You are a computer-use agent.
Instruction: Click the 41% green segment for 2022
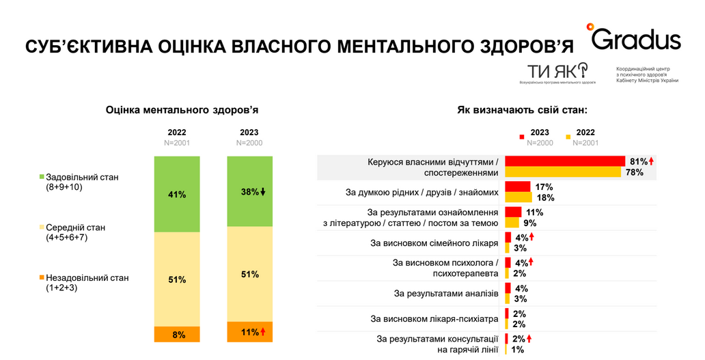pyautogui.click(x=177, y=194)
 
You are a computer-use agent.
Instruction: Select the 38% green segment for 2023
pyautogui.click(x=249, y=191)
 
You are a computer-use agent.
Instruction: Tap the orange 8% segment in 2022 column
pyautogui.click(x=177, y=335)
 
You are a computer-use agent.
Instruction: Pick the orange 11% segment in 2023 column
pyautogui.click(x=249, y=332)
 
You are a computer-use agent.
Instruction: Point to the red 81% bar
pyautogui.click(x=564, y=161)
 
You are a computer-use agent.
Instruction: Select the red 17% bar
pyautogui.click(x=517, y=186)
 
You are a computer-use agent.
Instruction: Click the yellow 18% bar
pyautogui.click(x=518, y=197)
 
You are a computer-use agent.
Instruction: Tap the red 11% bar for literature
pyautogui.click(x=513, y=212)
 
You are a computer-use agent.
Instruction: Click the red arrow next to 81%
pyautogui.click(x=652, y=161)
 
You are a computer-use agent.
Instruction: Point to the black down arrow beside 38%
pyautogui.click(x=263, y=192)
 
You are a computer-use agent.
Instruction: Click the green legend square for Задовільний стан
pyautogui.click(x=42, y=177)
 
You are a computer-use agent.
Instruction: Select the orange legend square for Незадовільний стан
pyautogui.click(x=42, y=277)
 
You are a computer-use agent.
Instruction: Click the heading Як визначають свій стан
pyautogui.click(x=522, y=109)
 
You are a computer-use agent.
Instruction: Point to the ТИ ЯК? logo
pyautogui.click(x=557, y=70)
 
